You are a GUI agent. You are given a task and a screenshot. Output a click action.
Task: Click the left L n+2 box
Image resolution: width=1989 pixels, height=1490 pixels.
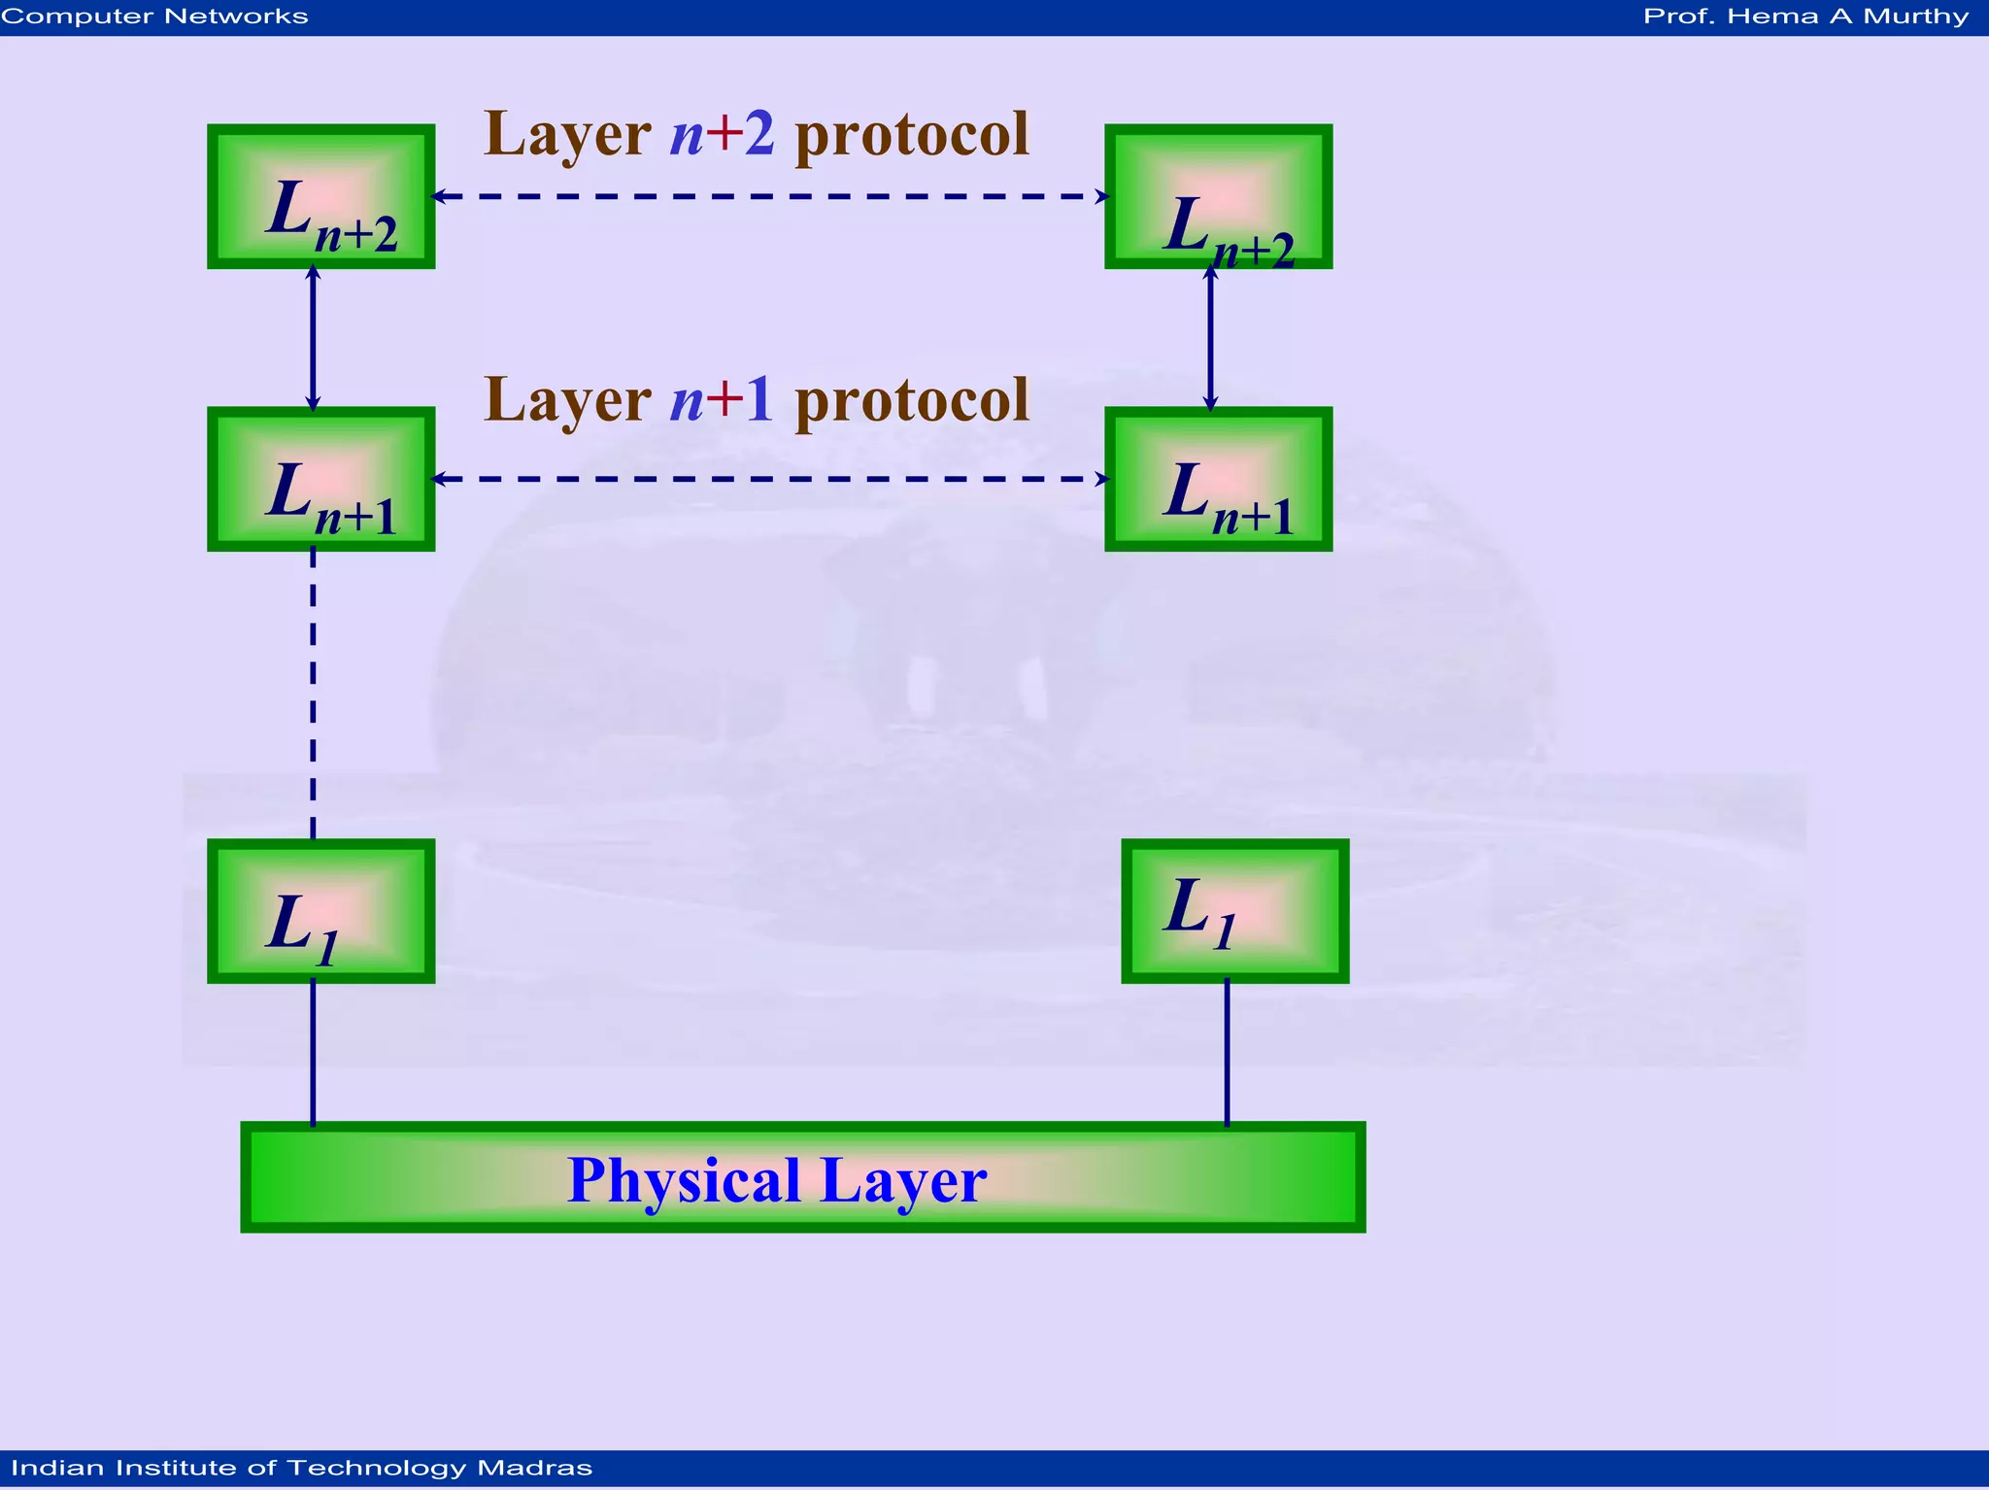click(x=320, y=196)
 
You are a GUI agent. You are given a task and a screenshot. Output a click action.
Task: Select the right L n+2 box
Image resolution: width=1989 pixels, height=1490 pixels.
click(x=1218, y=196)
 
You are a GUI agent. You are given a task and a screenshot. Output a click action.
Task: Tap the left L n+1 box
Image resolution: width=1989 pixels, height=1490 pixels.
click(x=320, y=479)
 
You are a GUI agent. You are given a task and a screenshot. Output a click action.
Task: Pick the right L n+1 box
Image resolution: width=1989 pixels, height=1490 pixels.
click(x=1218, y=479)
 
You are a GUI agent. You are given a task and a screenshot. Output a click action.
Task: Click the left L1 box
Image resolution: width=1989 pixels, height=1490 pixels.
click(x=320, y=911)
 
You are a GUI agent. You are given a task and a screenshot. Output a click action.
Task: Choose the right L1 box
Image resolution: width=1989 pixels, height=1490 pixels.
click(x=1234, y=911)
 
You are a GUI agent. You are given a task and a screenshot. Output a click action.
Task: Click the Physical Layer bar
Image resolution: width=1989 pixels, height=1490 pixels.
click(x=802, y=1177)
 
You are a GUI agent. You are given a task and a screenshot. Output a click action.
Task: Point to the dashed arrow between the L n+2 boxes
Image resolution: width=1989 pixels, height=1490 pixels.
click(x=770, y=196)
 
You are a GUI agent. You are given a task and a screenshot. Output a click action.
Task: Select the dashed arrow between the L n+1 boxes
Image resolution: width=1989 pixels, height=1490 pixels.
click(x=770, y=479)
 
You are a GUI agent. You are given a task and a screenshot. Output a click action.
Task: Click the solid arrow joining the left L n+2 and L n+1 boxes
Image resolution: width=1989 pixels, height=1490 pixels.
click(x=313, y=337)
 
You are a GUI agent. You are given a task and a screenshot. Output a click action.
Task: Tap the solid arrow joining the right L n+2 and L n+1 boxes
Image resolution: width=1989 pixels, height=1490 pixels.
click(x=1210, y=337)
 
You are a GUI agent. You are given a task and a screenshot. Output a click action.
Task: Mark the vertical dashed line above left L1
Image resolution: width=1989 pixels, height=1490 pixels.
click(x=313, y=694)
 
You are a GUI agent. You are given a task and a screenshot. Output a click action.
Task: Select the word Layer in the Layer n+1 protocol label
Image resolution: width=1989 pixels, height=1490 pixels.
click(x=567, y=400)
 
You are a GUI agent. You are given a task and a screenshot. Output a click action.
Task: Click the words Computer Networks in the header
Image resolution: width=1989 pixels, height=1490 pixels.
click(x=155, y=17)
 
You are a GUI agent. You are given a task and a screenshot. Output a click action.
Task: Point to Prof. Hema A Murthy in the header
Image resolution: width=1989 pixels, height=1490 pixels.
click(x=1805, y=17)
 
